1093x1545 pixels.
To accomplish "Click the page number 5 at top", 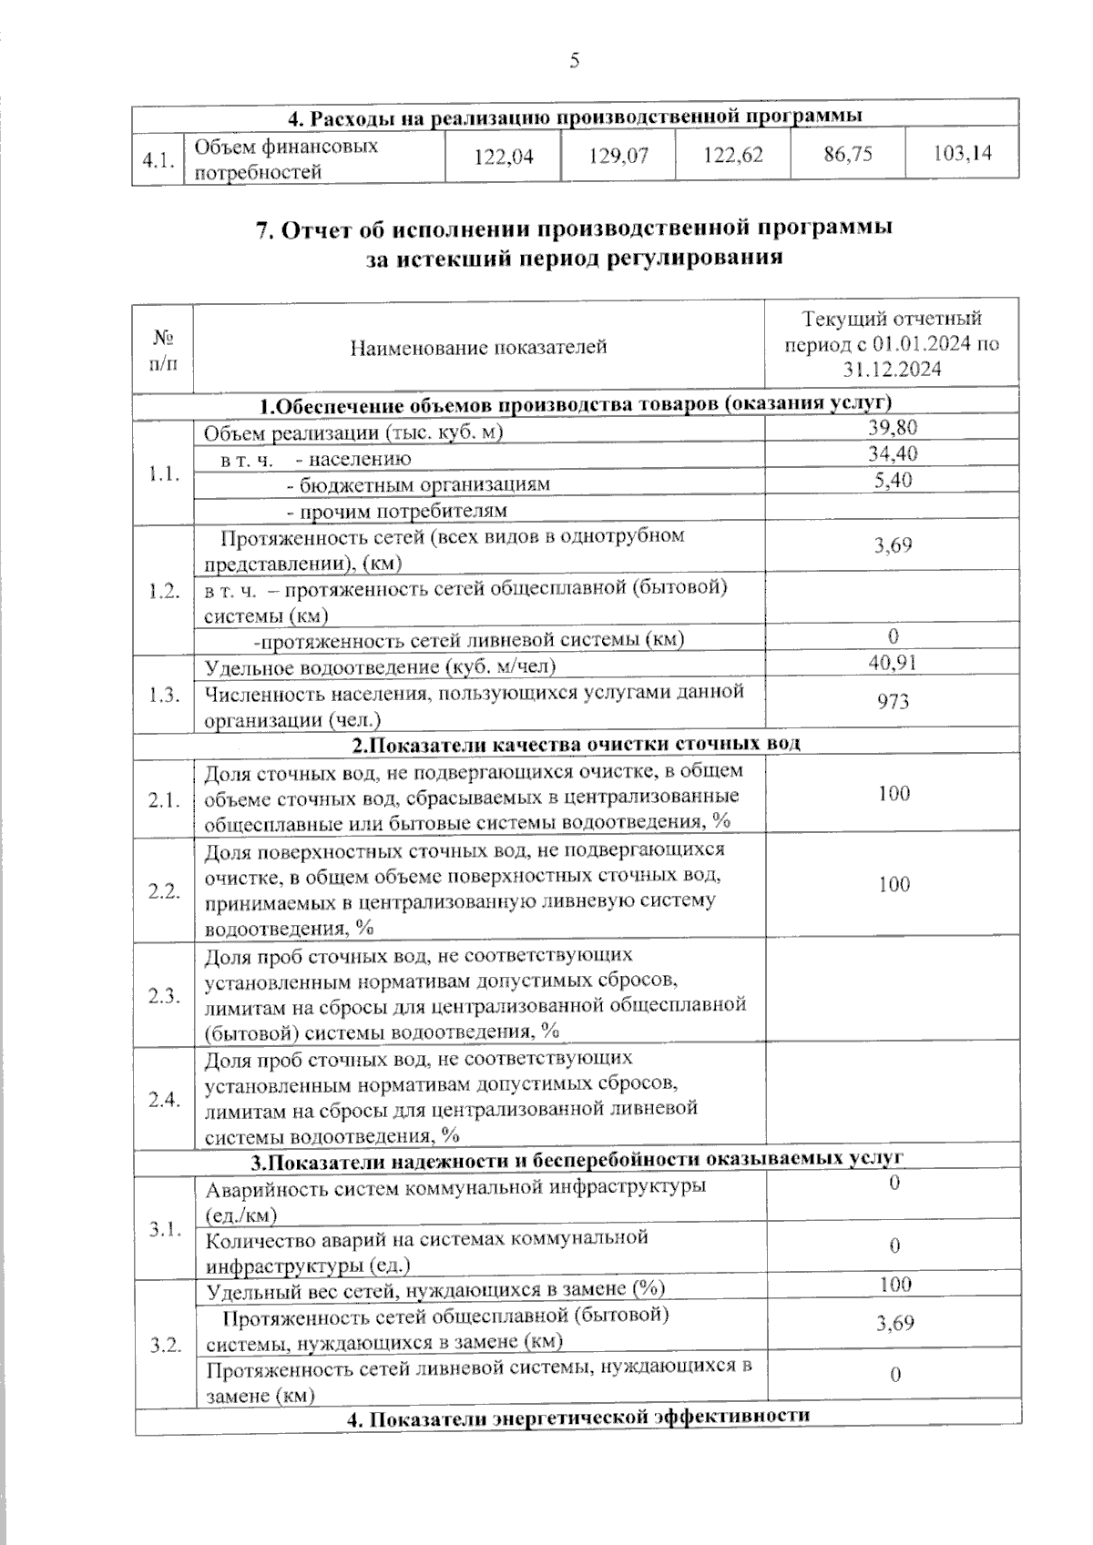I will [x=574, y=61].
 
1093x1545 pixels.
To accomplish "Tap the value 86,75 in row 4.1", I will [x=847, y=154].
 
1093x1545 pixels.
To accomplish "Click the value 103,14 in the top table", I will [x=963, y=153].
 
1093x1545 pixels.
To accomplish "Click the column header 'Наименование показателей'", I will [x=478, y=347].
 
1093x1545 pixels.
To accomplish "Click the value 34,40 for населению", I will [x=893, y=453].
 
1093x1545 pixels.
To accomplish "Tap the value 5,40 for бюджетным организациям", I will [x=893, y=480].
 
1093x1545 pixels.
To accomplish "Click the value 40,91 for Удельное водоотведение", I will [x=893, y=662].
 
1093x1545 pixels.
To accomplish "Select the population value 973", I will [x=893, y=701].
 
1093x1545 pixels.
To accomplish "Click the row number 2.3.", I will [x=164, y=995].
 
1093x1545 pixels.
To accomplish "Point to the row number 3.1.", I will [x=165, y=1229].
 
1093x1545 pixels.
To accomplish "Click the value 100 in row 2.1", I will [x=894, y=794].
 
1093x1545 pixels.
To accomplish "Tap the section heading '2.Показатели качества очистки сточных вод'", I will [x=577, y=744].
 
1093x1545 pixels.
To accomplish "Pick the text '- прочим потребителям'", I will [x=397, y=511].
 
